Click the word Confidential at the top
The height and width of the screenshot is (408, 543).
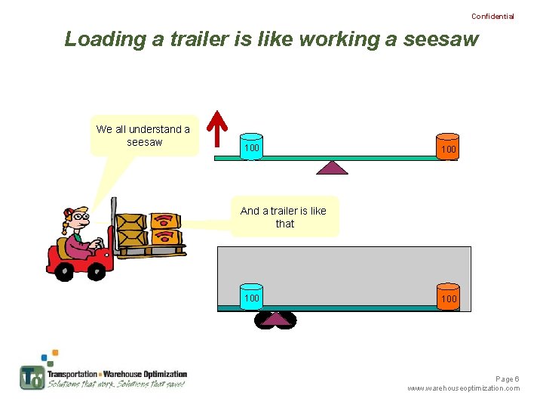click(492, 16)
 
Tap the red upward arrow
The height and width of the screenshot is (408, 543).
click(218, 128)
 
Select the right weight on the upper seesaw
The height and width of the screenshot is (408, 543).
click(448, 149)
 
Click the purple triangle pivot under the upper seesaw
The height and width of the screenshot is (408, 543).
click(332, 167)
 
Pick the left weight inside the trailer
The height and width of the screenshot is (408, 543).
click(251, 297)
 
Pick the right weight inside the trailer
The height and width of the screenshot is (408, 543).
click(448, 298)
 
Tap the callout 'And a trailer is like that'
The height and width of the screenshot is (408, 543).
click(284, 217)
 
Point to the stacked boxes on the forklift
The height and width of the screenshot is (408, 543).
click(150, 230)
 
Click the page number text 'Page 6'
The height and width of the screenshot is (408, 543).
click(507, 379)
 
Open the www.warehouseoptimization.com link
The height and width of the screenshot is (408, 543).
click(463, 388)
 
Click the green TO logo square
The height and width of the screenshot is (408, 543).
click(32, 376)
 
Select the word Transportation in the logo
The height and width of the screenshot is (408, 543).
click(72, 374)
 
